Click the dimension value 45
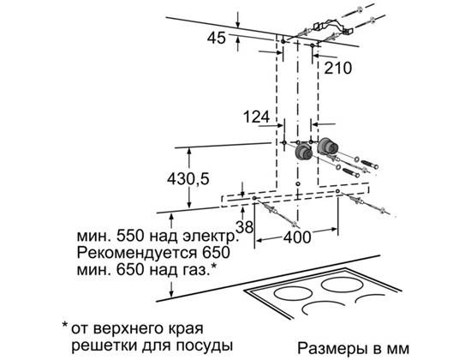tap(217, 39)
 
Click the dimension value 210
tap(337, 69)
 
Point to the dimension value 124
tap(256, 117)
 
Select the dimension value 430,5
tap(188, 179)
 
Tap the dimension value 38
tap(245, 227)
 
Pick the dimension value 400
tap(297, 238)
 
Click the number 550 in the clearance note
tap(130, 236)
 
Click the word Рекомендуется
tap(134, 253)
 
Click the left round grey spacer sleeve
tap(304, 153)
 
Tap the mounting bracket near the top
tap(332, 27)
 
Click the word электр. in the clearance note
tap(211, 236)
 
